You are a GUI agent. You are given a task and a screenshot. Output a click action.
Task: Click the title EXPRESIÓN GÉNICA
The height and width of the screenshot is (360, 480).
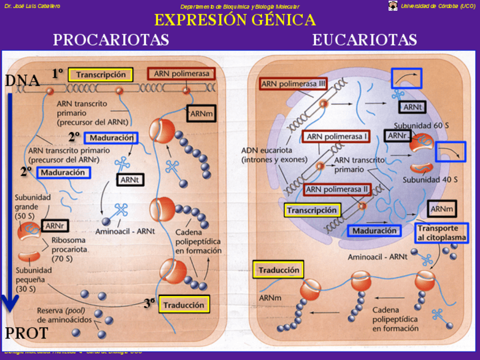click(235, 20)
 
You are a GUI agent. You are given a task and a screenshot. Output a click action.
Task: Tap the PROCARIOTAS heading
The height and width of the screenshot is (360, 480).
click(111, 40)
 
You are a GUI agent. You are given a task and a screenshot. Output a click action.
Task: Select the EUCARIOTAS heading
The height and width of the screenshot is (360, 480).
click(365, 40)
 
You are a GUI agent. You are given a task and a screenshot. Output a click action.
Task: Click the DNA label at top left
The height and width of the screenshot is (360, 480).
click(22, 81)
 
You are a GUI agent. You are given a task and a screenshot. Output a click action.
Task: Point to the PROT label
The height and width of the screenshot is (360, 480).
click(26, 333)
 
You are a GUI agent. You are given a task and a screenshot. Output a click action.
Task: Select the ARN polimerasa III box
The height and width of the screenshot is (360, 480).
click(294, 84)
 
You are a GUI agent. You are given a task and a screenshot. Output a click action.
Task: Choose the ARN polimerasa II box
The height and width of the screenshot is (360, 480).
click(337, 189)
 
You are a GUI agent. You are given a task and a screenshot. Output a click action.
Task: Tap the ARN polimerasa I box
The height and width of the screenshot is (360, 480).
click(336, 136)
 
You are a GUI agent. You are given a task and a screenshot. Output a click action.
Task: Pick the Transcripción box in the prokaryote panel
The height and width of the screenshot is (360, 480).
click(101, 75)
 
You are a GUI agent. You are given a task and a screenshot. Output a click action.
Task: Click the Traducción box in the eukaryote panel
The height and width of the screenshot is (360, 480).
click(278, 270)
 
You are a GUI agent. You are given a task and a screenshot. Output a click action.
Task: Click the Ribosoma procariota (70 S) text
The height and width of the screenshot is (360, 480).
click(70, 249)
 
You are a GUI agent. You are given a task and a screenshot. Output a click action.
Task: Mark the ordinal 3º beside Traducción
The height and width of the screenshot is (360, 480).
click(149, 303)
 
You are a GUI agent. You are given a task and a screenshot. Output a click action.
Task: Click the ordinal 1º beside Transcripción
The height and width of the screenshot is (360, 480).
click(58, 73)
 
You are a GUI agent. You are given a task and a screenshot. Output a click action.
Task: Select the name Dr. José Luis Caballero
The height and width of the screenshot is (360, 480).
click(32, 6)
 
